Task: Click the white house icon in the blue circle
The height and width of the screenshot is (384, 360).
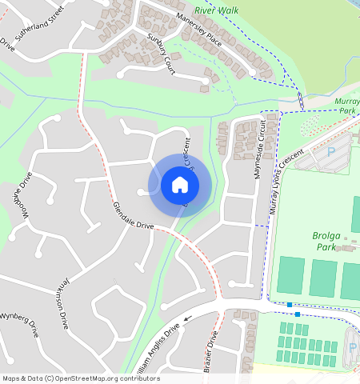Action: coord(180,186)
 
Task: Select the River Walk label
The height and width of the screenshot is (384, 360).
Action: coord(210,10)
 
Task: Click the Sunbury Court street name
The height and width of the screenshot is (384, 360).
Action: coord(161,54)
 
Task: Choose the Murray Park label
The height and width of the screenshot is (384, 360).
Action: coord(348,105)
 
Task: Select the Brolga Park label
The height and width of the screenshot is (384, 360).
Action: coord(330,242)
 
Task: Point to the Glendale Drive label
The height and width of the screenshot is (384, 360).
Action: coord(133,214)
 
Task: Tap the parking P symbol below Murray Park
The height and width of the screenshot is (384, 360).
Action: coord(332,150)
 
